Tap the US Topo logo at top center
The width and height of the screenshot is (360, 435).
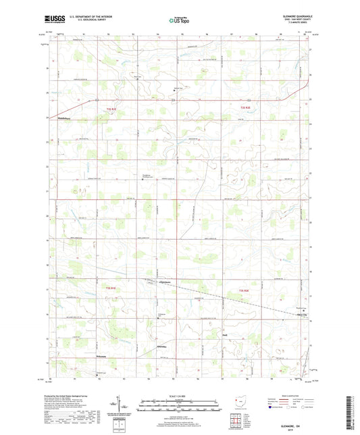(179, 21)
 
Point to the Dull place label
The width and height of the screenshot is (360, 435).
(225, 334)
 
